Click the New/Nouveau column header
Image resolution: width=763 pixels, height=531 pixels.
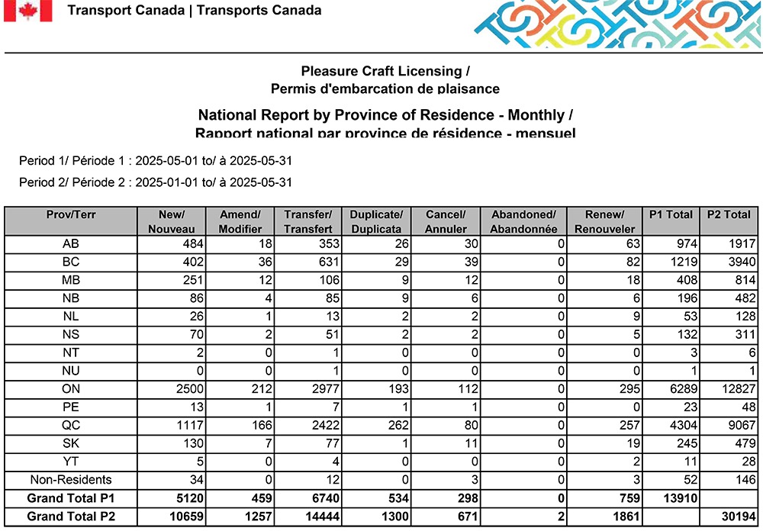pyautogui.click(x=171, y=221)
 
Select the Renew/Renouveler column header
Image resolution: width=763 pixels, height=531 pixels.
pyautogui.click(x=606, y=221)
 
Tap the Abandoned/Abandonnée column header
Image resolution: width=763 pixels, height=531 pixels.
pyautogui.click(x=523, y=221)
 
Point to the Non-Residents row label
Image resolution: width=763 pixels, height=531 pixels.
pyautogui.click(x=70, y=480)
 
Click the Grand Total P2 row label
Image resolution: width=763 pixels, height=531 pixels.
pyautogui.click(x=70, y=517)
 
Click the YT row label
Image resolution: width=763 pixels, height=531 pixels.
pyautogui.click(x=70, y=462)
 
